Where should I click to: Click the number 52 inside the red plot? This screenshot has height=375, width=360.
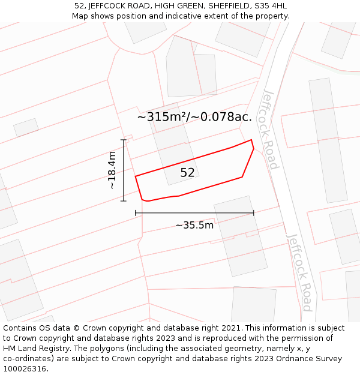coord(187,173)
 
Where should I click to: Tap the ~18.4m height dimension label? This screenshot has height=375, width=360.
coord(112,170)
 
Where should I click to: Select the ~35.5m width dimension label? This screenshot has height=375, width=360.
coord(194,226)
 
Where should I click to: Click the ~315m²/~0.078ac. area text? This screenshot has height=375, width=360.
coord(194,117)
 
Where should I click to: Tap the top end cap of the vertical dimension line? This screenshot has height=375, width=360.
coord(124,140)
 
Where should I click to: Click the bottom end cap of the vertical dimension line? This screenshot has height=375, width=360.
coord(124,201)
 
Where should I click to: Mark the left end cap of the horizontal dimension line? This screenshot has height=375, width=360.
coord(136,212)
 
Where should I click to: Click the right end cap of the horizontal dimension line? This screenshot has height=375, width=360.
coord(254,212)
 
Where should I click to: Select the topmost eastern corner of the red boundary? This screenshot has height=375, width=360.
coord(251,140)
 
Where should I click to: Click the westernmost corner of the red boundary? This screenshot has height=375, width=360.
coord(136,176)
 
